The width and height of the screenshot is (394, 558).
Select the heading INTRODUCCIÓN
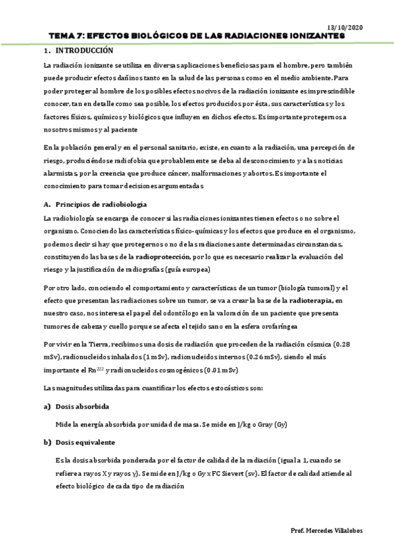coord(84,51)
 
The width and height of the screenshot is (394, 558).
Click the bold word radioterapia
coord(307,300)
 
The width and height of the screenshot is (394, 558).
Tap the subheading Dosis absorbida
coord(82,407)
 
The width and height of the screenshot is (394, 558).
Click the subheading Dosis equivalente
coord(86,442)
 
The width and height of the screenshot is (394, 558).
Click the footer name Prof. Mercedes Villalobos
coord(326,530)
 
